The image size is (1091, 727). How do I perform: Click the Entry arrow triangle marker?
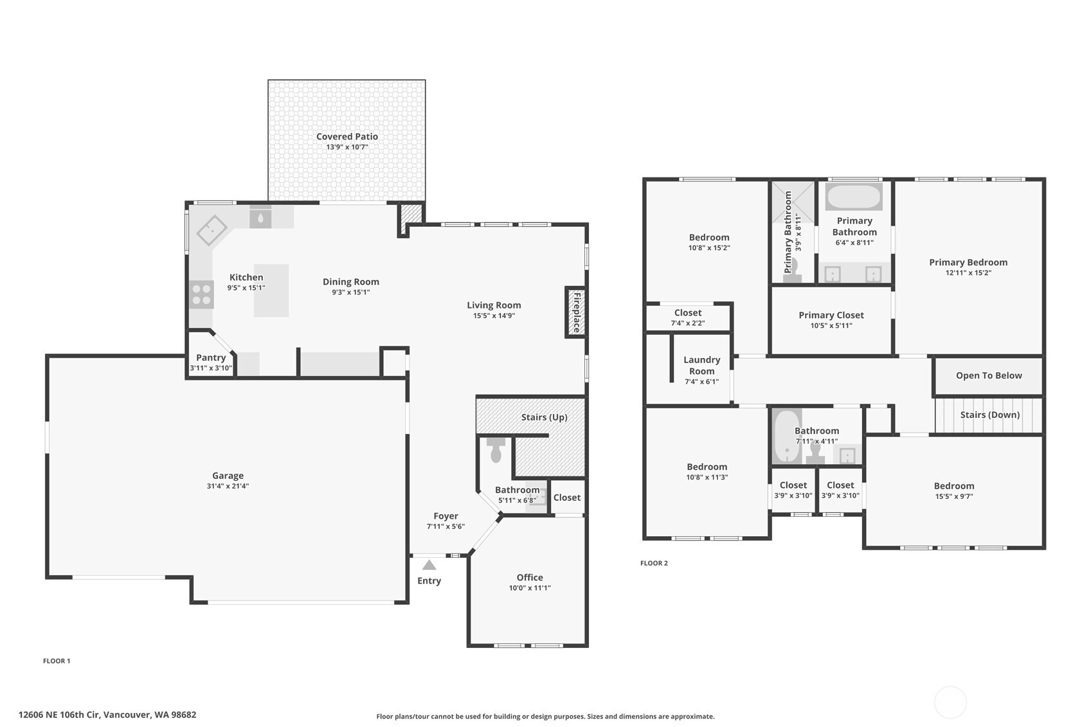pos(429,565)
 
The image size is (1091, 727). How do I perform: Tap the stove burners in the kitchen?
pos(201,294)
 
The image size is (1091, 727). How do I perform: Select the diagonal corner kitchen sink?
pos(212,230)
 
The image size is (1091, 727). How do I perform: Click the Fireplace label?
pos(577,312)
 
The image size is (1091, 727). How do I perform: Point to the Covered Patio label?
pos(347,136)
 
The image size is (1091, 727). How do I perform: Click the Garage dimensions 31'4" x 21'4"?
pos(228,486)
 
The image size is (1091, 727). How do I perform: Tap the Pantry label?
pos(211,358)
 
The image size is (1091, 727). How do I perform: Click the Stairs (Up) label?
pos(544,417)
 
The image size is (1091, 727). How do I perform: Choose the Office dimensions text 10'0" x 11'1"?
pos(529,588)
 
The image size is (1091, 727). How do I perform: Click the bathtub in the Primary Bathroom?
pos(854,197)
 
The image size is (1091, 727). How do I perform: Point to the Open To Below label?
pos(989,375)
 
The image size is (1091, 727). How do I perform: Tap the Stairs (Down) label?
pos(989,415)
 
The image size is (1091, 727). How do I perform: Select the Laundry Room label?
pos(701,365)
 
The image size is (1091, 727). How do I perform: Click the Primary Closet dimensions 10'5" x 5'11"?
pos(831,326)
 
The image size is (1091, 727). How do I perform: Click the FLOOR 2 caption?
pos(654,563)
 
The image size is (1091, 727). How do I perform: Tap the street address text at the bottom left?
pos(107,715)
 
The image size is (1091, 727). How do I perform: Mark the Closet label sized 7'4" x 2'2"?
pos(688,312)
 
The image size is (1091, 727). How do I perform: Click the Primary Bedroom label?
pos(968,262)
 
